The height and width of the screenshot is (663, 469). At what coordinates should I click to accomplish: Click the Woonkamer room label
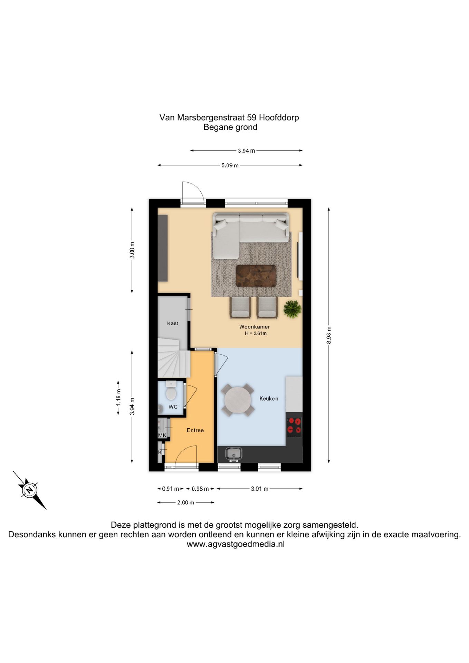click(255, 327)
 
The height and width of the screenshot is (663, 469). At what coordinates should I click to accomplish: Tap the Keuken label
click(269, 398)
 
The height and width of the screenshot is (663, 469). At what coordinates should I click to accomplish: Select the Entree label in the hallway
click(195, 430)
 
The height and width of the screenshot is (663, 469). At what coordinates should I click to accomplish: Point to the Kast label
click(173, 323)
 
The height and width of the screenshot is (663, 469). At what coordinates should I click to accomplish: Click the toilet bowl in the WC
click(171, 393)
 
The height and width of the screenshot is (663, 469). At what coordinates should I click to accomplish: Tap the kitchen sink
click(234, 454)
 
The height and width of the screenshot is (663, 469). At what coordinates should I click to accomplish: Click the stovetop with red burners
click(294, 425)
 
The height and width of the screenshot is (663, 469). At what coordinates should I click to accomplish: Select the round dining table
click(238, 400)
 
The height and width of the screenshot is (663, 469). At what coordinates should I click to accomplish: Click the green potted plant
click(292, 309)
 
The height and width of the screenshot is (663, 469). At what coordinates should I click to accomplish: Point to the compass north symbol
click(30, 490)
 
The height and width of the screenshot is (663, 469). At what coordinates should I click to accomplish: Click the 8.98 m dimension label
click(329, 335)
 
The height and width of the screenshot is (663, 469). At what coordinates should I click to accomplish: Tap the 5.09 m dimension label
click(230, 165)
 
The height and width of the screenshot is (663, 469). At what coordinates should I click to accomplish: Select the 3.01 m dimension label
click(260, 489)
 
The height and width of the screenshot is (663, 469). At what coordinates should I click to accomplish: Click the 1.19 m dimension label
click(118, 397)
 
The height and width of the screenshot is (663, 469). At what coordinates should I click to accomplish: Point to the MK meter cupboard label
click(162, 435)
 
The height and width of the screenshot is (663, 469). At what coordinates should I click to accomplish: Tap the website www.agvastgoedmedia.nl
click(236, 544)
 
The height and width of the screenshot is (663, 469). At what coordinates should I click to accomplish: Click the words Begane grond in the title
click(230, 127)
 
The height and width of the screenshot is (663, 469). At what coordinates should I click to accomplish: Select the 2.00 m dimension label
click(186, 503)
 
